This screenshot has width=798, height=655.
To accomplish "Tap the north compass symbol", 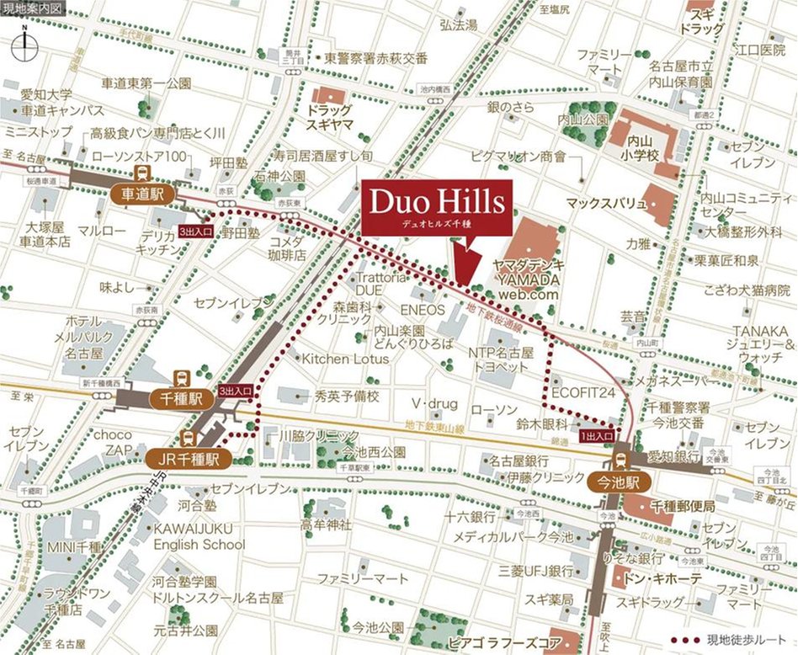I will pos(25,42).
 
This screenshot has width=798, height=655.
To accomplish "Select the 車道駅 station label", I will pos(141,194).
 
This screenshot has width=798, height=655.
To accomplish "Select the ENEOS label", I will pos(428,310).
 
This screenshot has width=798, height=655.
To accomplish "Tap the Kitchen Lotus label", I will pos(346,359).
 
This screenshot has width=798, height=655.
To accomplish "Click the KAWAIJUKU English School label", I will pos(199,536).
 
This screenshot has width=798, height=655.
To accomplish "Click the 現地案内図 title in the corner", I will pos(32,8).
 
